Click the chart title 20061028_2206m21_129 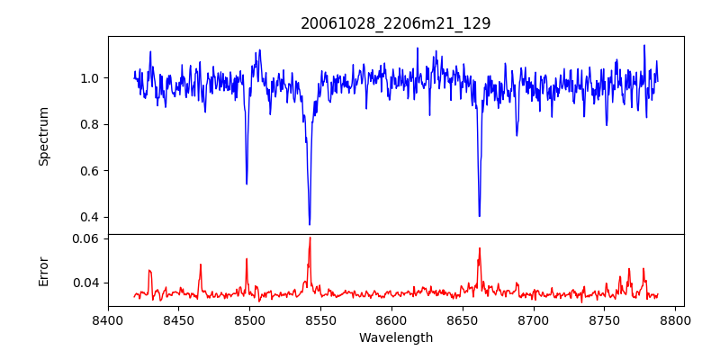[396, 23]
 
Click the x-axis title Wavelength [396, 338]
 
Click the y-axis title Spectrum [44, 136]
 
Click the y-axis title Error [44, 270]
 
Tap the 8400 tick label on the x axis [108, 319]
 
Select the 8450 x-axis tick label [179, 319]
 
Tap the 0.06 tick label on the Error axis [87, 239]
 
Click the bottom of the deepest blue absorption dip [310, 224]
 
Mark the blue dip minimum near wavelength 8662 [479, 216]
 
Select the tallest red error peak [310, 238]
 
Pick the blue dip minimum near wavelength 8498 [247, 184]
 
